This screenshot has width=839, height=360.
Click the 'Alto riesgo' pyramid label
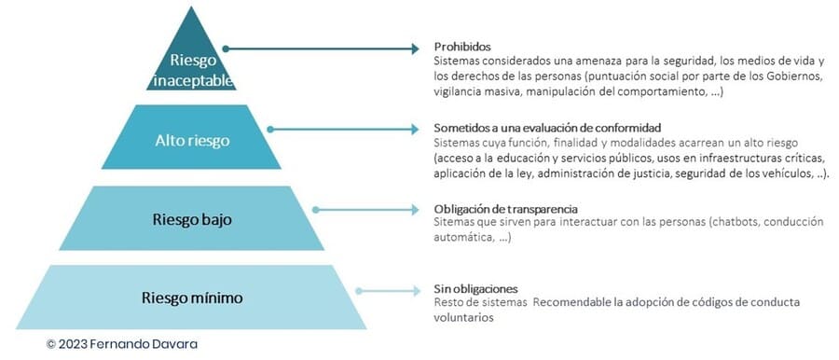coord(192,140)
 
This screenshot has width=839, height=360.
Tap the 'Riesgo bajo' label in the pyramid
coord(192,220)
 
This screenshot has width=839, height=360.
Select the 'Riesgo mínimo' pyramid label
coord(192,298)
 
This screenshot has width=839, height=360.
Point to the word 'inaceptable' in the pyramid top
coord(193,81)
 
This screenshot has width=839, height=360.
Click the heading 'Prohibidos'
coord(462,47)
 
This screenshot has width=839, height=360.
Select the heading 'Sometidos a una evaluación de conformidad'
coord(548,129)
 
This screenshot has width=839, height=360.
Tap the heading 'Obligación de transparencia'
coord(505,209)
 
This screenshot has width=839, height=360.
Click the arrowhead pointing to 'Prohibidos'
coord(415,48)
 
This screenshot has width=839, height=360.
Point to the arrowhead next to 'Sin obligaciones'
coord(416,291)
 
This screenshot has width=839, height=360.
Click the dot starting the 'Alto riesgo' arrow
coord(270,129)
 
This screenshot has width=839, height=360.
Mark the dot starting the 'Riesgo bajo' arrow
coord(316,210)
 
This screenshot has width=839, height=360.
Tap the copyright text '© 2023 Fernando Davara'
coord(122,344)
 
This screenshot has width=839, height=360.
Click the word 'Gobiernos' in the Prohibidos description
coord(795,76)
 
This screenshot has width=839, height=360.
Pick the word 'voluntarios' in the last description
coord(463,317)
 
